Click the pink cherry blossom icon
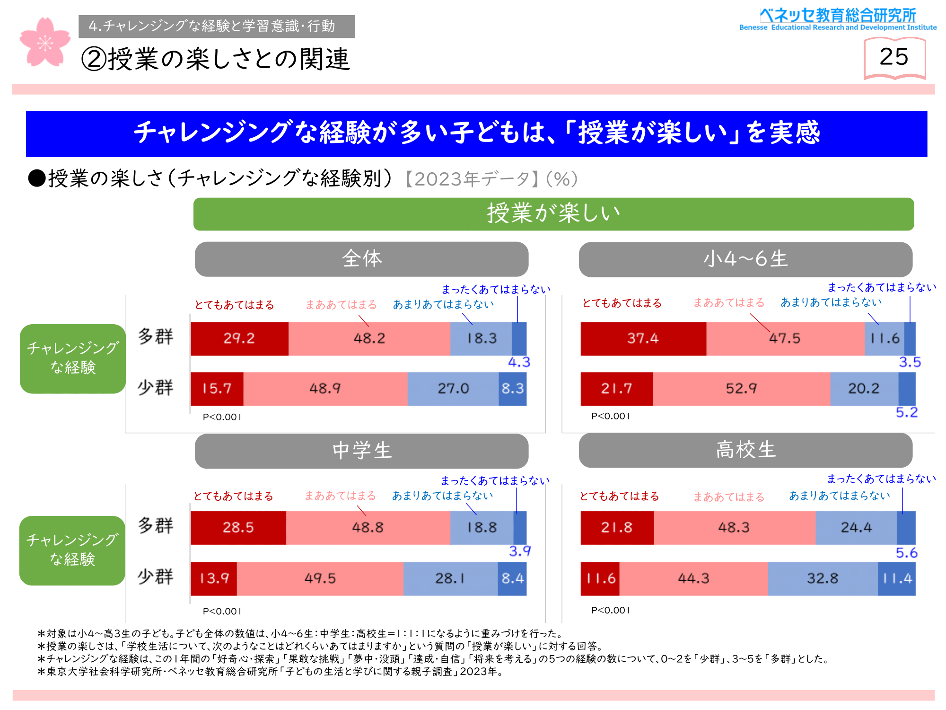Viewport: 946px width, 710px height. coord(45,43)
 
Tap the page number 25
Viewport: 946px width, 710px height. coord(894,57)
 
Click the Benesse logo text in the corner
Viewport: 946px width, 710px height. coord(838,19)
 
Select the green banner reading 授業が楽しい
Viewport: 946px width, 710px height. coord(553,214)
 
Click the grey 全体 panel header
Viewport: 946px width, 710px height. coord(361,259)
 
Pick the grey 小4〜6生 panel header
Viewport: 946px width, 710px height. coord(745,259)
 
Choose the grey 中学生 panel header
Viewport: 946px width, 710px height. coord(361,451)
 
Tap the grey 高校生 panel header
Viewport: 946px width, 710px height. coord(745,450)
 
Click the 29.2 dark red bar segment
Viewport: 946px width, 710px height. coord(239,338)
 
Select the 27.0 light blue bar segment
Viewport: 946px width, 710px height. coord(453,389)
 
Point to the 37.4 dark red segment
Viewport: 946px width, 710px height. coord(643,338)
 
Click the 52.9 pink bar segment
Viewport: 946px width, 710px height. coord(741,389)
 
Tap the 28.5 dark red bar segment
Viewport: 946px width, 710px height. coord(238,527)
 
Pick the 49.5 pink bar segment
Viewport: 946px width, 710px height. coord(320,578)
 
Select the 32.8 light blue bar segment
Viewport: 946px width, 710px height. coord(823,578)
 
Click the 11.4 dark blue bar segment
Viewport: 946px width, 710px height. coord(897,578)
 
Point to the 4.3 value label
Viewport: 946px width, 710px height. coord(519,363)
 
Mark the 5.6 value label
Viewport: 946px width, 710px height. coord(906,553)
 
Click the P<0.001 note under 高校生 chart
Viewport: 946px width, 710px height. coord(610,611)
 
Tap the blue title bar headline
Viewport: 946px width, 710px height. coord(476,133)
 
